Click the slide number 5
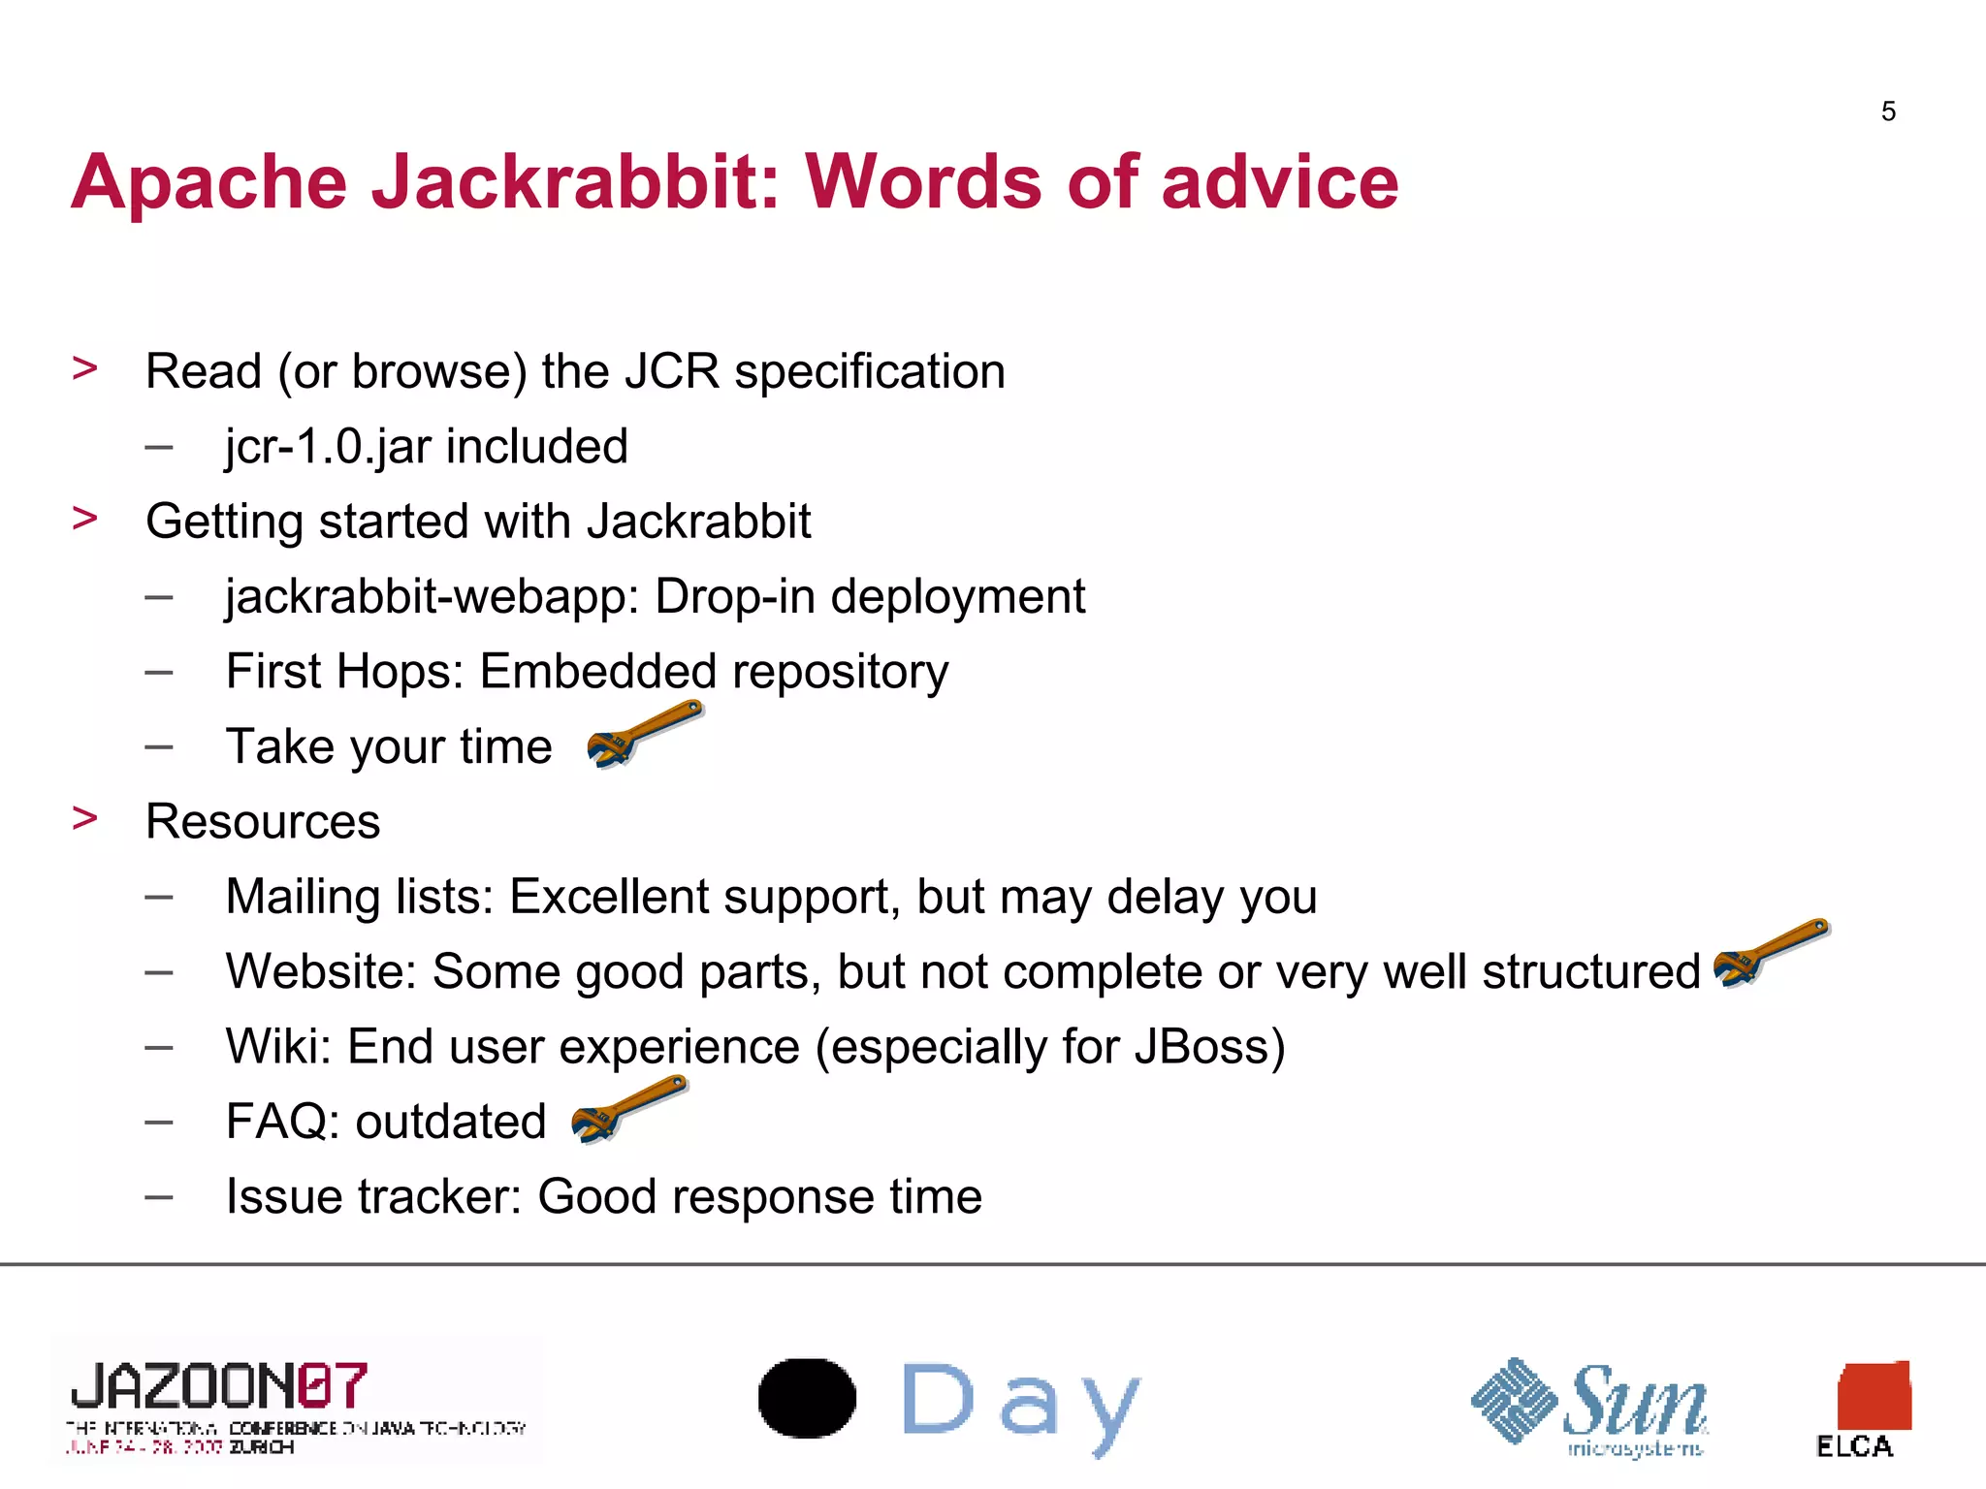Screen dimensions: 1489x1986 pos(1887,111)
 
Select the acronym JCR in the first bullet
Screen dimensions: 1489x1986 pos(671,371)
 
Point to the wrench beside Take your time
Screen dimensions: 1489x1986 pos(643,734)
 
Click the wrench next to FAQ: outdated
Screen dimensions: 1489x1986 pos(628,1109)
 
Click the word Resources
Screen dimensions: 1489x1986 pos(262,822)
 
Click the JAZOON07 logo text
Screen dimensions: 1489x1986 pos(219,1386)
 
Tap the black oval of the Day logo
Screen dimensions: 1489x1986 pos(807,1398)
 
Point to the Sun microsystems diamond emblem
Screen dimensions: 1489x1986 pos(1514,1400)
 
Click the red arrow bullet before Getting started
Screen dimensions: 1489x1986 pos(85,519)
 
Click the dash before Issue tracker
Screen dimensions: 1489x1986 pos(159,1197)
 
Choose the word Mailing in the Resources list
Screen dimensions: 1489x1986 pos(305,897)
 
